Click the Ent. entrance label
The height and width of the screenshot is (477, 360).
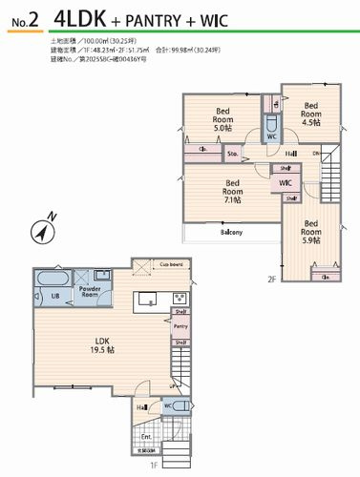pos(146,436)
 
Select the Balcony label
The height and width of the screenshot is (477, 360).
pos(231,232)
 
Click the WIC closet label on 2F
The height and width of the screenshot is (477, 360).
pos(285,182)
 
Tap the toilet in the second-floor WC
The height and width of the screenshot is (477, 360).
pos(271,124)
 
